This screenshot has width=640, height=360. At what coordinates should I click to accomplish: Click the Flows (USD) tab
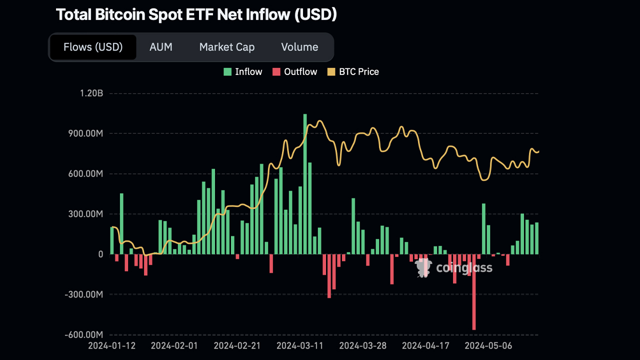coord(93,47)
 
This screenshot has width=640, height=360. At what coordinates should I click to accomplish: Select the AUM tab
coord(161,47)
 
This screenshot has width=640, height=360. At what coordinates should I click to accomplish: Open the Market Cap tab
coord(227,47)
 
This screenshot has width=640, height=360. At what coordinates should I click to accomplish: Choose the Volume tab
coord(299,47)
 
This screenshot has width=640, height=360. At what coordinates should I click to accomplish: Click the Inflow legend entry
coord(243,71)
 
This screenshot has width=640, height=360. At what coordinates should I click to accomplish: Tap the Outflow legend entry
coord(294,71)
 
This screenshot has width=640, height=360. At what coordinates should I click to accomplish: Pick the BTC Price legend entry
coord(353,71)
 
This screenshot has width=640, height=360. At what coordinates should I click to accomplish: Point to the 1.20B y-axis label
coord(90,93)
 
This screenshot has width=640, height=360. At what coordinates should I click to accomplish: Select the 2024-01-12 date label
coord(111,345)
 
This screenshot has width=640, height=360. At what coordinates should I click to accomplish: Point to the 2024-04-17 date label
coord(425,345)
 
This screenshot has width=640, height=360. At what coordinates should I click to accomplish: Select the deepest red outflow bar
coord(474,292)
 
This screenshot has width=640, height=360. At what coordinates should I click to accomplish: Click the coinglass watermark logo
coord(454,268)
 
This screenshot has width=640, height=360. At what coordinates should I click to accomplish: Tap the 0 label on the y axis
coord(100,254)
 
